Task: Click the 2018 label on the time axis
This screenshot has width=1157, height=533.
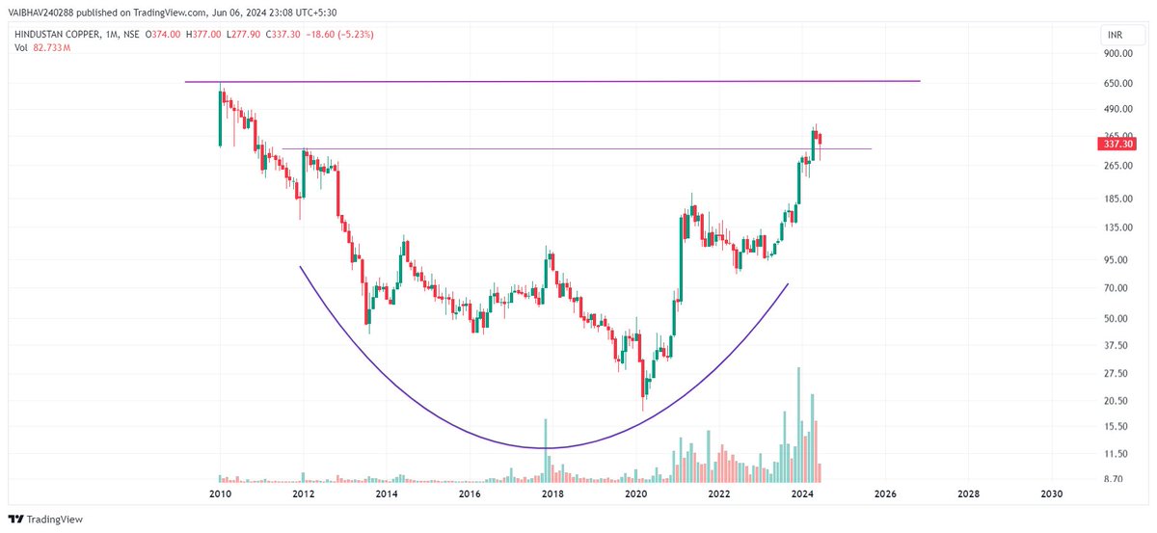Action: point(552,493)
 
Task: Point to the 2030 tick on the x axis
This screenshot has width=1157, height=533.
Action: point(1052,493)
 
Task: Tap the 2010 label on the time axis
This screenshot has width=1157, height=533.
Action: point(220,493)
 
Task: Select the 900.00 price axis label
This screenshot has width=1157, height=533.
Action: point(1116,54)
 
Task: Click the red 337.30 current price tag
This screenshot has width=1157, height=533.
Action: point(1117,144)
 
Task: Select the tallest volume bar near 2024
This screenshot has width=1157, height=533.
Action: point(798,424)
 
